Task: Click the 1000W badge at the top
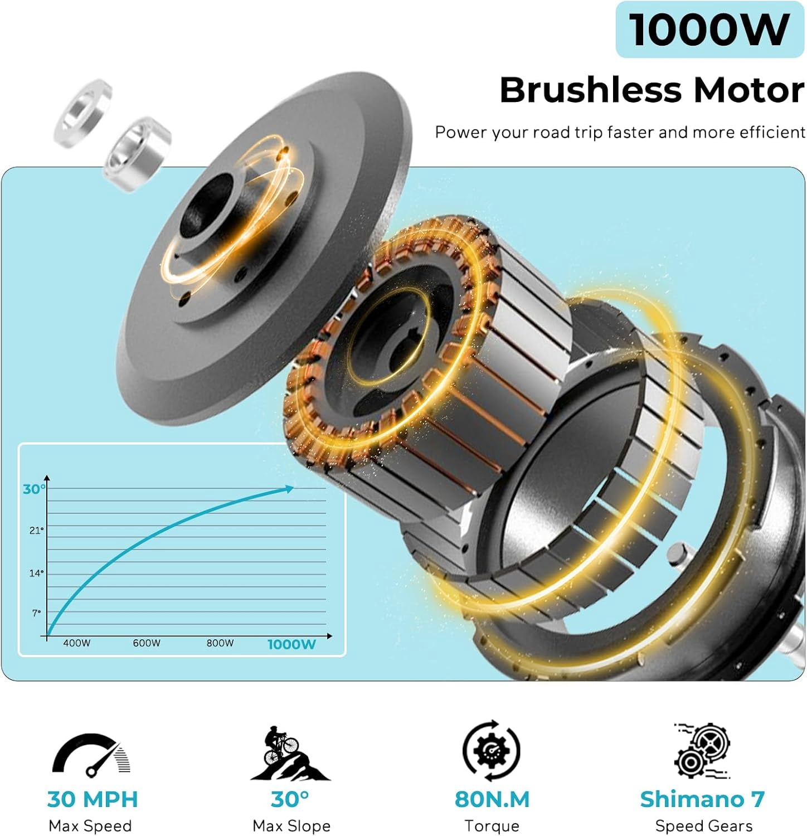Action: coord(709,29)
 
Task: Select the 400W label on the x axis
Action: coord(76,643)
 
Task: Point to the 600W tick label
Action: coord(147,643)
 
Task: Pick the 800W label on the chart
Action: coord(220,643)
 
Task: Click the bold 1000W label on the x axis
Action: coord(291,644)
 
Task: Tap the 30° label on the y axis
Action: coord(33,489)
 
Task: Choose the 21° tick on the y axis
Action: coord(36,531)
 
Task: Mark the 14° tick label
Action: coord(36,573)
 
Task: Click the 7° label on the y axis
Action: coord(37,613)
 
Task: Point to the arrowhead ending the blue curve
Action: coord(289,489)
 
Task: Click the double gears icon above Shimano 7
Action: coord(702,750)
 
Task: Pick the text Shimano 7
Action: coord(702,799)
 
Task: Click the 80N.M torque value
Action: coord(492,799)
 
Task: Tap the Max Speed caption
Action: coord(90,826)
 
